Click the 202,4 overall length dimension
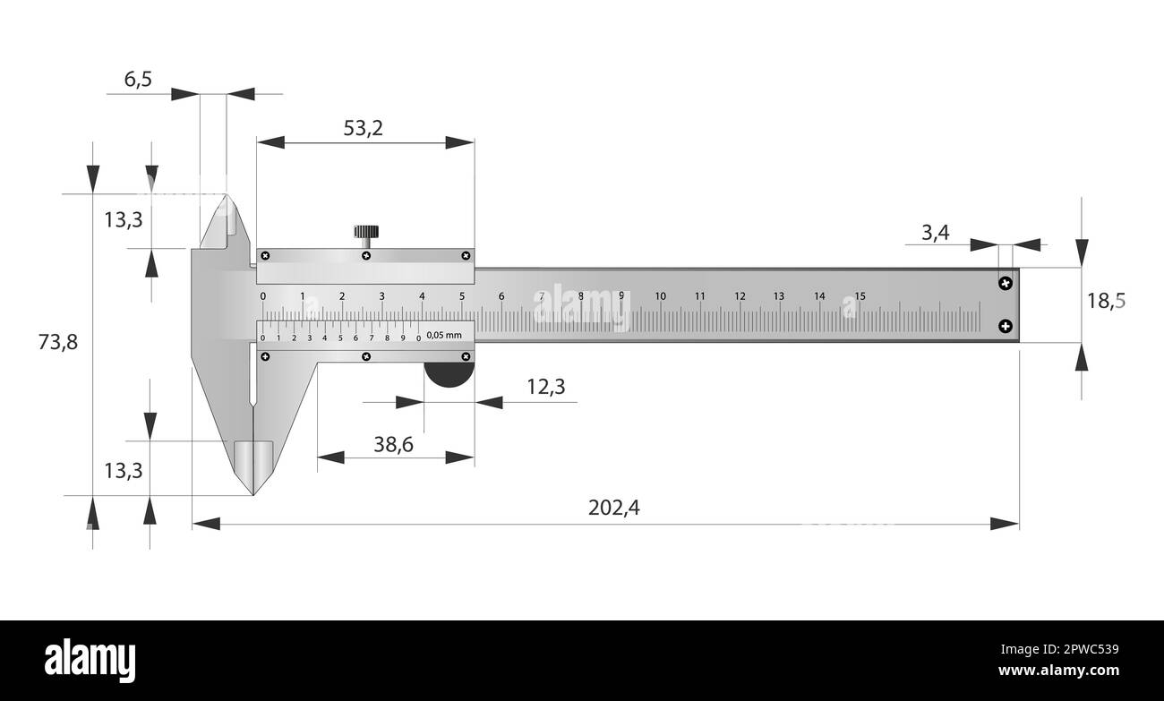click(613, 508)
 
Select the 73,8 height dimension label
click(58, 341)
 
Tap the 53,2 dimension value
click(363, 128)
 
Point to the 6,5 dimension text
click(137, 79)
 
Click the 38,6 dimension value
click(393, 443)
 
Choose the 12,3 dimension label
click(545, 387)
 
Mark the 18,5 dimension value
click(1105, 301)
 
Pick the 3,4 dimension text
click(935, 234)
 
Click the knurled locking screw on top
click(365, 235)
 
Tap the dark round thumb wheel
click(448, 375)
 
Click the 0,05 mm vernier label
click(444, 336)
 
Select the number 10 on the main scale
click(660, 296)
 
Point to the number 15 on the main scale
click(860, 296)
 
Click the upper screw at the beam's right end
click(1006, 283)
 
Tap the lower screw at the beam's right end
click(1006, 326)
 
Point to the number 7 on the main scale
click(542, 296)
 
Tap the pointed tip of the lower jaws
click(254, 493)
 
